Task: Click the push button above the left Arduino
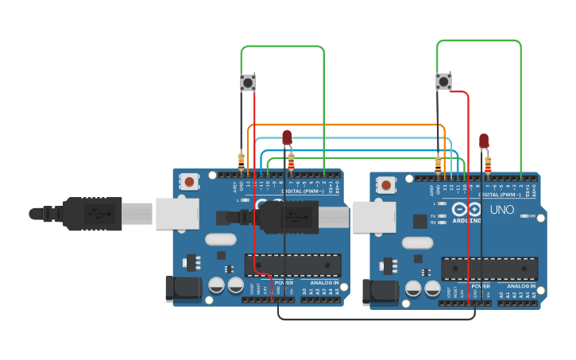coord(248,82)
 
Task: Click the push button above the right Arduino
coord(443,81)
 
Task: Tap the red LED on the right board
coord(484,141)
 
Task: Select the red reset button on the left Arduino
coord(189,182)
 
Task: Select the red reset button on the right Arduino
coord(386,185)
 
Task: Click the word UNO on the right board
coord(501,211)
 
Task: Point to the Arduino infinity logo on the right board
coord(460,210)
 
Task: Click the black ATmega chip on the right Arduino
coord(489,269)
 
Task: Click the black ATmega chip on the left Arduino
coord(293,265)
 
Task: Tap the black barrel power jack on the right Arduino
coord(380,292)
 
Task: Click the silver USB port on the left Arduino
coord(177,214)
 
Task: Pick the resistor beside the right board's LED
coord(488,165)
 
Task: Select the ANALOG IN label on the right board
coord(521,286)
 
